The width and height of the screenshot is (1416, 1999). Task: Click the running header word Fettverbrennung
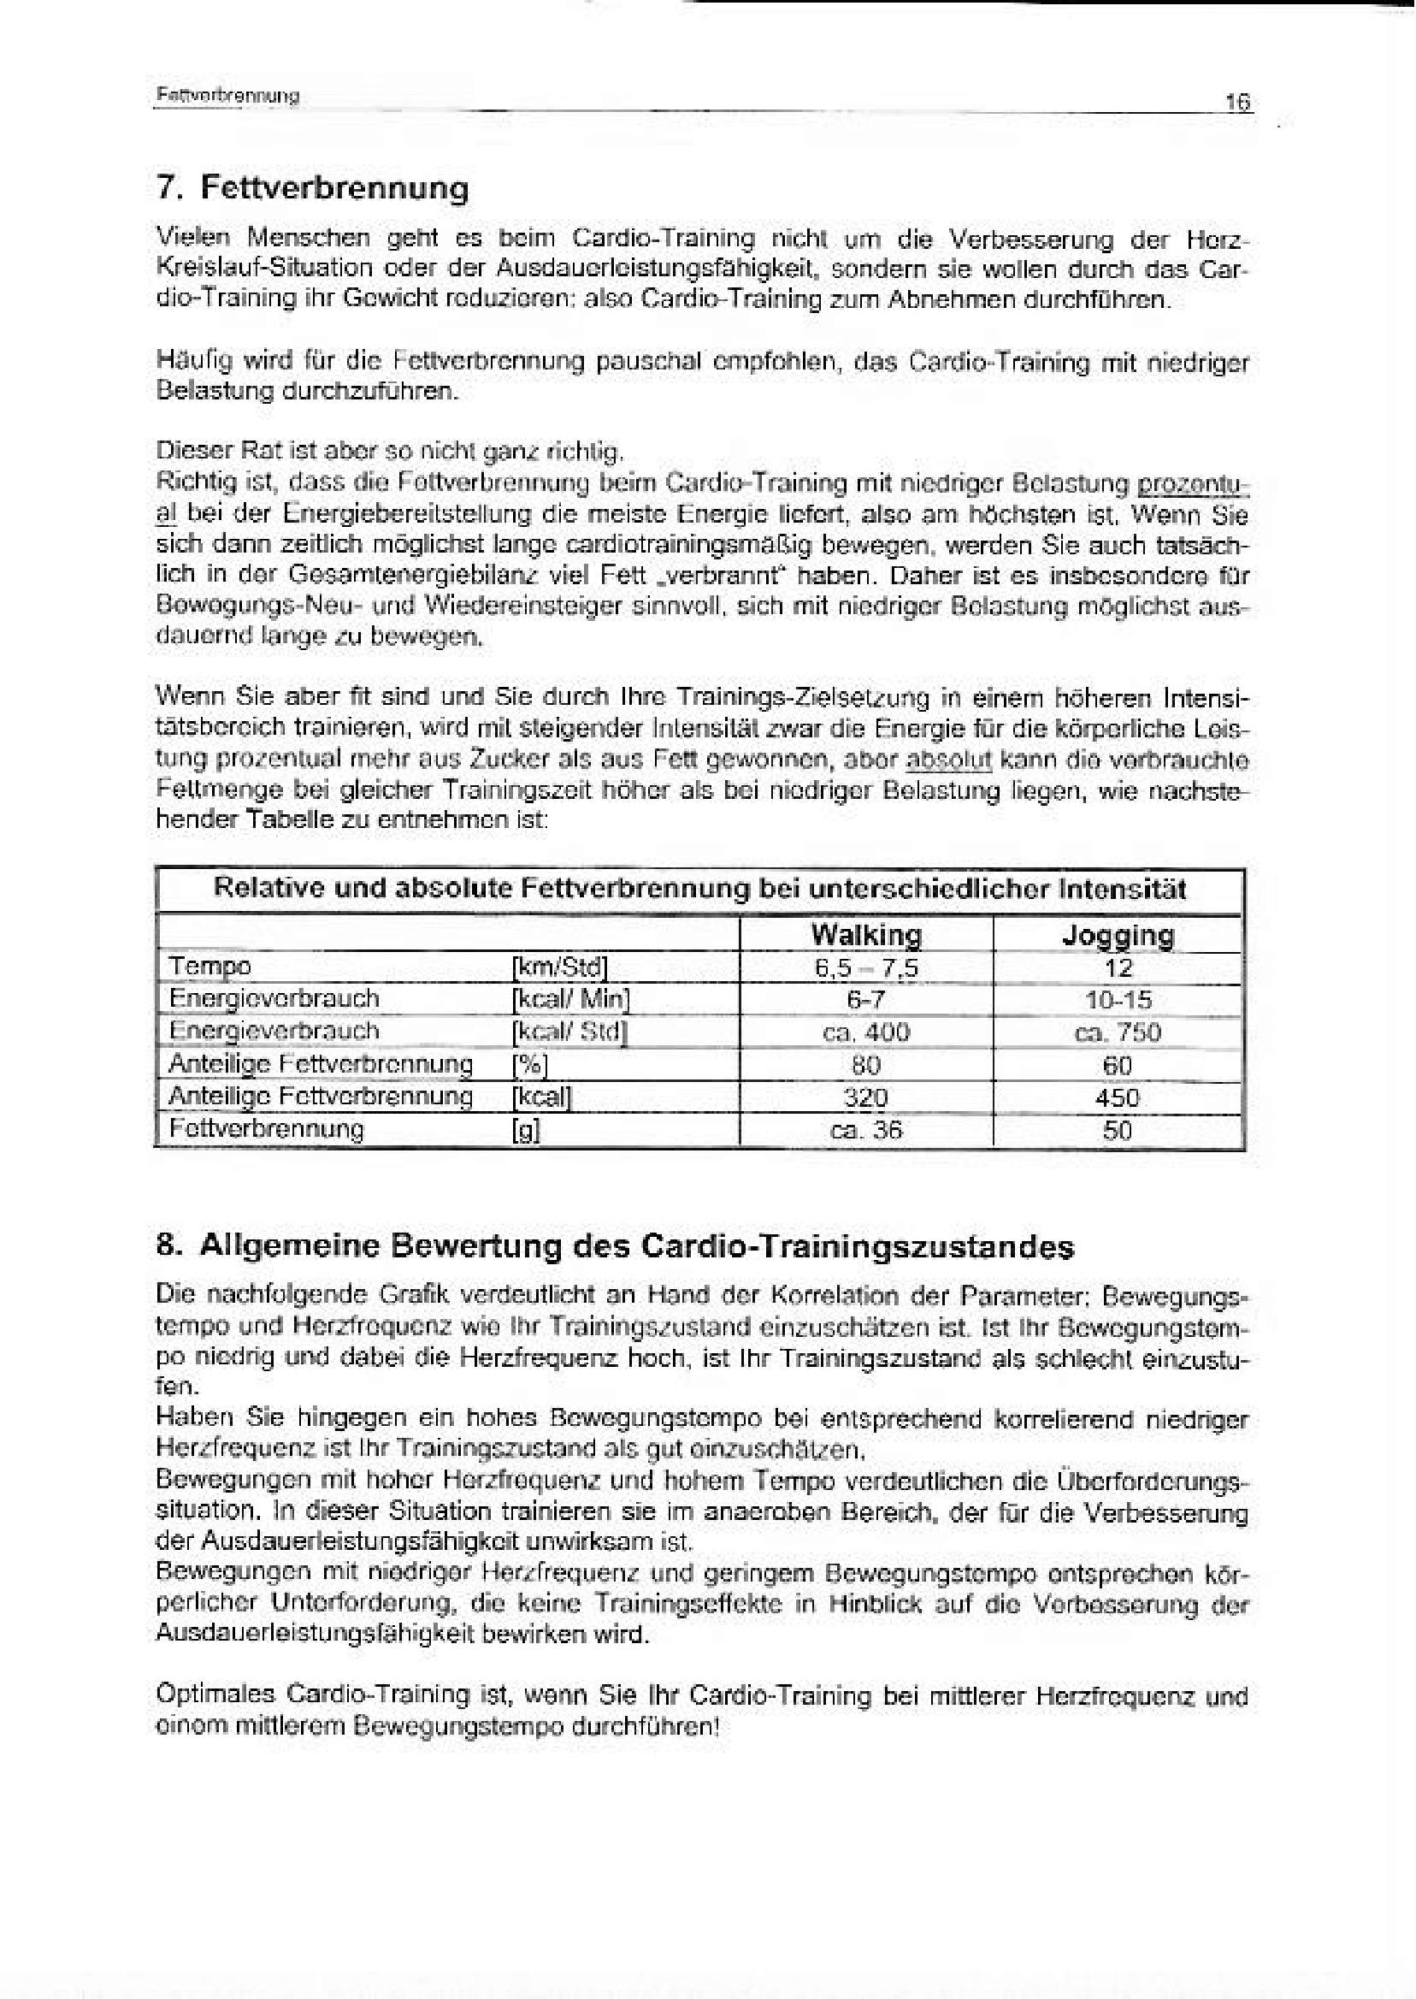227,96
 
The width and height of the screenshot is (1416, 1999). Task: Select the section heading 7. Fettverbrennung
312,187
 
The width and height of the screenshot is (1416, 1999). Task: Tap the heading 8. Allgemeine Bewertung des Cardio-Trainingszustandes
615,1246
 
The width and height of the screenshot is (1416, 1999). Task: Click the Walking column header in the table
866,935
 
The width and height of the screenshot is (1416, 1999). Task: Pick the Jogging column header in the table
1118,935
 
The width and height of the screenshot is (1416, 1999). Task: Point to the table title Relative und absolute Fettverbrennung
699,889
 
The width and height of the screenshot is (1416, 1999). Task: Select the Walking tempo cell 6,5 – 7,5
866,968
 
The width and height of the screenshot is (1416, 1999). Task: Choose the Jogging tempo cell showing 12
1118,968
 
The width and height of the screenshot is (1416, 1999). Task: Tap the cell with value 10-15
1118,999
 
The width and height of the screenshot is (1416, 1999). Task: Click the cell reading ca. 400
866,1032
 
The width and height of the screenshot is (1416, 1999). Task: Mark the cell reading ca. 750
1118,1032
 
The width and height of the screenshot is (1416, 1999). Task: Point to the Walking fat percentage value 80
866,1065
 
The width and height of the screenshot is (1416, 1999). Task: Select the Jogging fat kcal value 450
1118,1097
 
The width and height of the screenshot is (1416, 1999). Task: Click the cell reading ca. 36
866,1130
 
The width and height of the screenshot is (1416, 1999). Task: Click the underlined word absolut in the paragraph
949,760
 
